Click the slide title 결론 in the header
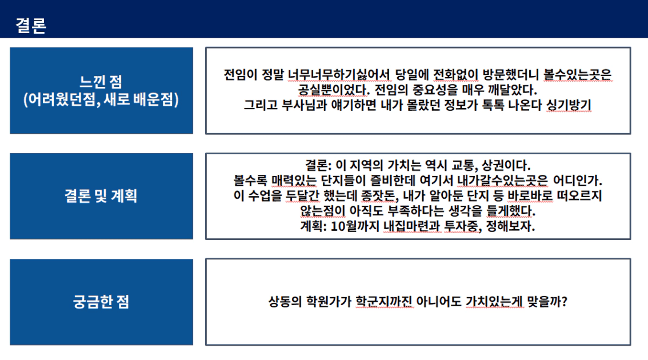pos(31,25)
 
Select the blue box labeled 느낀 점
pos(101,90)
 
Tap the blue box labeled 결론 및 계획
pos(101,196)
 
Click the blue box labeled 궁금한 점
pos(101,302)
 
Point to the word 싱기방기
pos(569,105)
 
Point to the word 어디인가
pos(578,181)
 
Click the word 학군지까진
pos(384,301)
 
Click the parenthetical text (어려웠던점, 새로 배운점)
pos(101,99)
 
